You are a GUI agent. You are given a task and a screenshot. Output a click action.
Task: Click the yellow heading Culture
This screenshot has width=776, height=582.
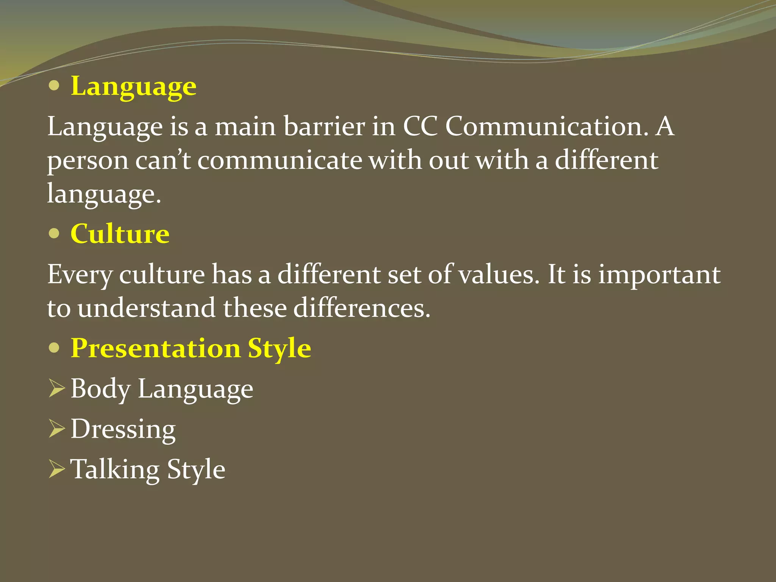click(x=120, y=234)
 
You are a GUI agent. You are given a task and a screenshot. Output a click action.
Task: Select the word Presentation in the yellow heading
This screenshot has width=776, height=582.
click(x=156, y=348)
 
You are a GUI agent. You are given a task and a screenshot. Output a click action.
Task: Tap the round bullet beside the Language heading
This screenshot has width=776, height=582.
click(x=54, y=86)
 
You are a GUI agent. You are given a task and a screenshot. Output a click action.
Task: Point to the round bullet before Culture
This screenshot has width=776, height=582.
click(x=54, y=233)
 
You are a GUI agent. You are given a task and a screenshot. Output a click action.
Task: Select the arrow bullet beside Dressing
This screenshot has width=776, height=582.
click(x=57, y=430)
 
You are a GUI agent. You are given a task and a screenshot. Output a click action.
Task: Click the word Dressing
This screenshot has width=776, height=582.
click(x=123, y=430)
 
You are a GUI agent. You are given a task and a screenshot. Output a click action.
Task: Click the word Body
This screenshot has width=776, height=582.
click(x=100, y=389)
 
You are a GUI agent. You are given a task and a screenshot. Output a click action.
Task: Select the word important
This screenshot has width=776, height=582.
click(x=659, y=275)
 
